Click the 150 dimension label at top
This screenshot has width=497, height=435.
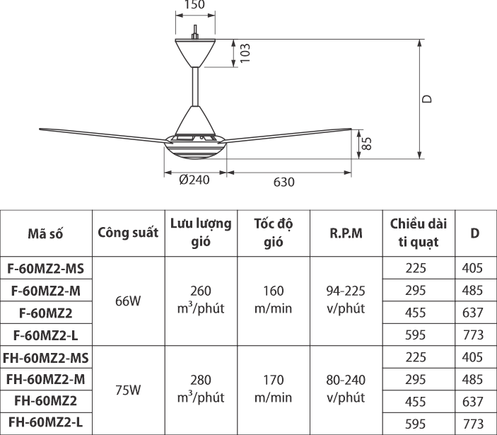194,4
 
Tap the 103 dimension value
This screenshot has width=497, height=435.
245,53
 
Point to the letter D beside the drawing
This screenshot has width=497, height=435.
427,99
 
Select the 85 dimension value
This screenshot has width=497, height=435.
366,144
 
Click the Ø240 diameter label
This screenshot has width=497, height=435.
194,180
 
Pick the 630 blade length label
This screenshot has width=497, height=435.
283,182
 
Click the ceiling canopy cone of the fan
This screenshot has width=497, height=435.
195,52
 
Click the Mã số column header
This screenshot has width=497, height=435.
46,233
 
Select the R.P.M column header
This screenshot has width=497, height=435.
346,233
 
